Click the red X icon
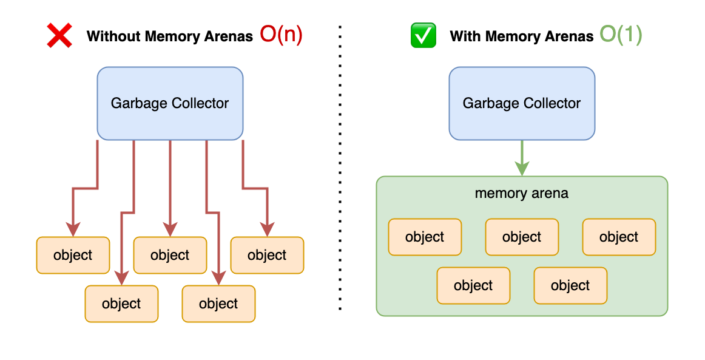click(59, 36)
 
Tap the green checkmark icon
click(423, 36)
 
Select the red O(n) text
click(281, 35)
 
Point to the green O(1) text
click(621, 35)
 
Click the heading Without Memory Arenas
click(169, 36)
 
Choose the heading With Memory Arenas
click(521, 36)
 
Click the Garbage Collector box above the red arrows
click(170, 103)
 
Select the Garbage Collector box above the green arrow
click(522, 103)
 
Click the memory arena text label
click(522, 194)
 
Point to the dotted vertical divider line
click(340, 170)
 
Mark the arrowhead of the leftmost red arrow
click(73, 229)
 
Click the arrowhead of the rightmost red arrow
click(267, 229)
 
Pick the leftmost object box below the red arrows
click(73, 256)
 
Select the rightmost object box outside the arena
click(267, 256)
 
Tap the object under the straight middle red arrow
click(170, 256)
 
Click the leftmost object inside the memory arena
click(425, 237)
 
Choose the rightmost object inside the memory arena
click(619, 237)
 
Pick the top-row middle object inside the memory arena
click(522, 237)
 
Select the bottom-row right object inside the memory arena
click(570, 285)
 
